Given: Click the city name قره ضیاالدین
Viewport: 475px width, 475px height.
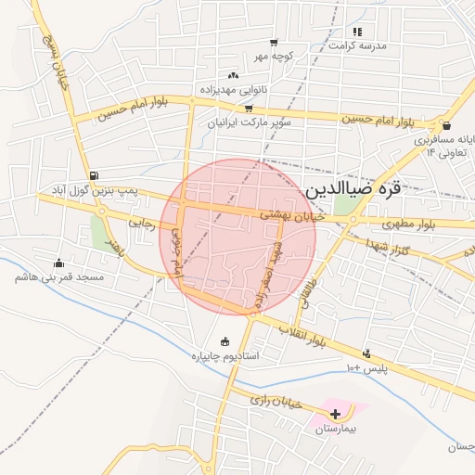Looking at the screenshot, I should [353, 188].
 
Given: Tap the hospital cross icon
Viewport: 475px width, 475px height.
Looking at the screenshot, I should [336, 413].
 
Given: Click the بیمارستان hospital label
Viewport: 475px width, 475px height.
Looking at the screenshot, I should [335, 430].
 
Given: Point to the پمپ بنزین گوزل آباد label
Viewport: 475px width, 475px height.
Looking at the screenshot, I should [93, 189].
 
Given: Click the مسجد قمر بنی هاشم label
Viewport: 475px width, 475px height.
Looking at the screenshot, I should [59, 276].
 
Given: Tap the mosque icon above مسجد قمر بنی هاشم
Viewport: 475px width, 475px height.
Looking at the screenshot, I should [59, 263].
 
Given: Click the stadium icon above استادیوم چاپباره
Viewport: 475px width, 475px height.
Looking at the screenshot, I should [224, 341].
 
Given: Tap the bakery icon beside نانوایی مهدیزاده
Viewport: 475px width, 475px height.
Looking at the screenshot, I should [232, 76].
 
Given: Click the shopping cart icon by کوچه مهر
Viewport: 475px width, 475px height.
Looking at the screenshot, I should [274, 42].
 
